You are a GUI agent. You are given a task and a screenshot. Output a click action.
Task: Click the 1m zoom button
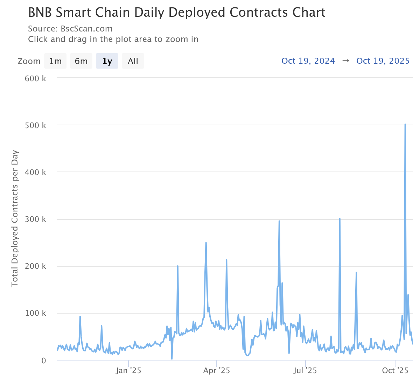(x=55, y=61)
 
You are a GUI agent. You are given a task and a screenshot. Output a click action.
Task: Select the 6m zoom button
(x=81, y=61)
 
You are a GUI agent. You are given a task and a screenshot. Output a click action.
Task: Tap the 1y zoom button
(x=107, y=61)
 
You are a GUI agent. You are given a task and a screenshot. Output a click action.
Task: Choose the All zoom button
(x=133, y=61)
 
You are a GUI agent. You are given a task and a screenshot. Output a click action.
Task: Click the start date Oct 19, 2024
(x=308, y=61)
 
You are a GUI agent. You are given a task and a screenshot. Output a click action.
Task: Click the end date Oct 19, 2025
(x=383, y=61)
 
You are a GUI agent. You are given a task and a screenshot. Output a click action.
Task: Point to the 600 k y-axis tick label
(x=35, y=78)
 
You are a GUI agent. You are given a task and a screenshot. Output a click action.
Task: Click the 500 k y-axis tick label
(x=35, y=125)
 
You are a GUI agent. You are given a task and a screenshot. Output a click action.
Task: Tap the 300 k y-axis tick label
(x=35, y=219)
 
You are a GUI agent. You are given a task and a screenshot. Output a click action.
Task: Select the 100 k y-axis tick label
(x=35, y=313)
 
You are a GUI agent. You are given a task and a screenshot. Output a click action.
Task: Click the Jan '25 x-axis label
(x=128, y=370)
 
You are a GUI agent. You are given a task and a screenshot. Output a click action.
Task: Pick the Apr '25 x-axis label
(x=217, y=370)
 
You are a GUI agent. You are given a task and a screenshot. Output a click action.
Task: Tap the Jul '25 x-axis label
(x=305, y=370)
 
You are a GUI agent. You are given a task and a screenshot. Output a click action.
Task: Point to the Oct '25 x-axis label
(x=395, y=370)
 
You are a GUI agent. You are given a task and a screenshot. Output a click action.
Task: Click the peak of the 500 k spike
(x=405, y=124)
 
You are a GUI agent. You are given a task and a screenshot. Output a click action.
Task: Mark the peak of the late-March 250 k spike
(x=206, y=243)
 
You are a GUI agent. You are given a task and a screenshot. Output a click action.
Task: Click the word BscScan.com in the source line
(x=86, y=29)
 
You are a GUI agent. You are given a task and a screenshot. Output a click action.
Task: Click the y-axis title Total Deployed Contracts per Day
(x=15, y=219)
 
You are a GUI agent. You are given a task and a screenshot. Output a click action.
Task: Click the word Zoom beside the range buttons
(x=29, y=61)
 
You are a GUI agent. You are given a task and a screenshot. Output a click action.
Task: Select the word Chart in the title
(x=309, y=13)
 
